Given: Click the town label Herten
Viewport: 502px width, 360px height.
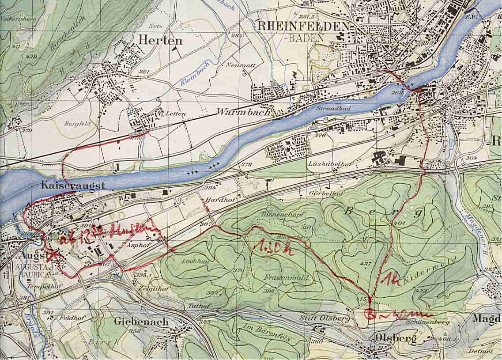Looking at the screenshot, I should click(x=160, y=40).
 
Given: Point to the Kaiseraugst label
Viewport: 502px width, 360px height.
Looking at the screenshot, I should click(x=73, y=186).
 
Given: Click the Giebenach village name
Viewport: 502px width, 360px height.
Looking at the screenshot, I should click(x=141, y=322).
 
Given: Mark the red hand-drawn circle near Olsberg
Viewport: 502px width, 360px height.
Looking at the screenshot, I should click(x=370, y=315).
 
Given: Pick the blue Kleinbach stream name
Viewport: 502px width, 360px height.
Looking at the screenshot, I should click(x=194, y=73).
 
